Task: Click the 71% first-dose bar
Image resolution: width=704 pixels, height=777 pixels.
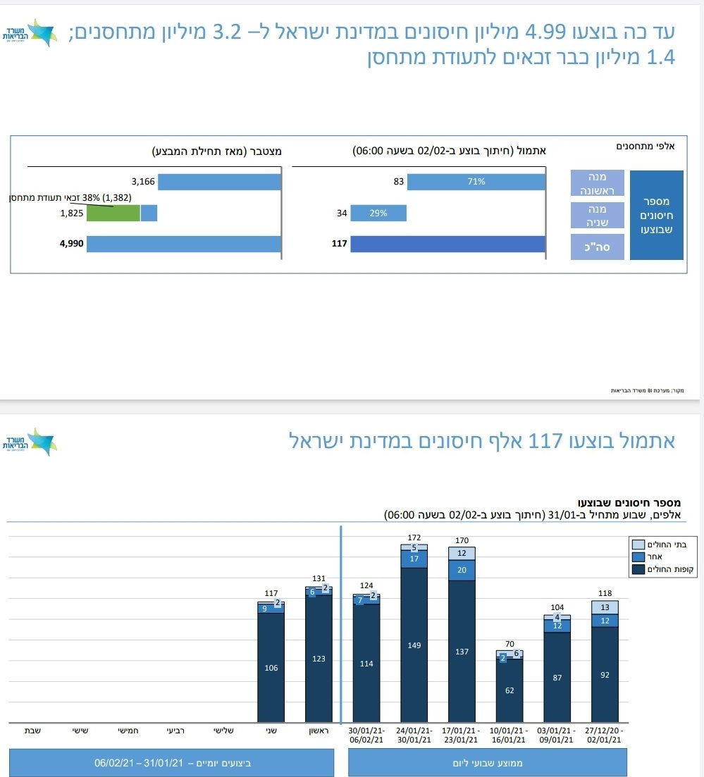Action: pos(476,182)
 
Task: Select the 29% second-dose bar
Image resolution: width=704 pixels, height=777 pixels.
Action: pos(378,213)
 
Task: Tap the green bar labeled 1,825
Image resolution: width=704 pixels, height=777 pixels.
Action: pos(113,213)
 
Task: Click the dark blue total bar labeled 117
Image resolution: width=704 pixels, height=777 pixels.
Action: pos(447,244)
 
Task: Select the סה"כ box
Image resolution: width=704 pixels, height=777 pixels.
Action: pos(598,247)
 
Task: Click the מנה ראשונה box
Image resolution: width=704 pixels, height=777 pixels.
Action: pos(598,182)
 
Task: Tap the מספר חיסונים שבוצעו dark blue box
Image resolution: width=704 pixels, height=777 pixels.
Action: pos(656,215)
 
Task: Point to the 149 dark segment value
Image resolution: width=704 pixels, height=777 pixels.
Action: pos(414,645)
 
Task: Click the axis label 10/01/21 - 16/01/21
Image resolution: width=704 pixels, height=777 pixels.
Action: pos(510,735)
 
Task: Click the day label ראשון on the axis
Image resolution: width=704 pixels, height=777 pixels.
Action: pos(319,731)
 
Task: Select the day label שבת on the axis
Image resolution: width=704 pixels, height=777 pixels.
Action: pos(32,731)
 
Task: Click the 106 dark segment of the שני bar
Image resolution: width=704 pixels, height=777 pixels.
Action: pos(271,668)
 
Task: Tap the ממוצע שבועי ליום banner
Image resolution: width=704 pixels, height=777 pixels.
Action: pos(487,763)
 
